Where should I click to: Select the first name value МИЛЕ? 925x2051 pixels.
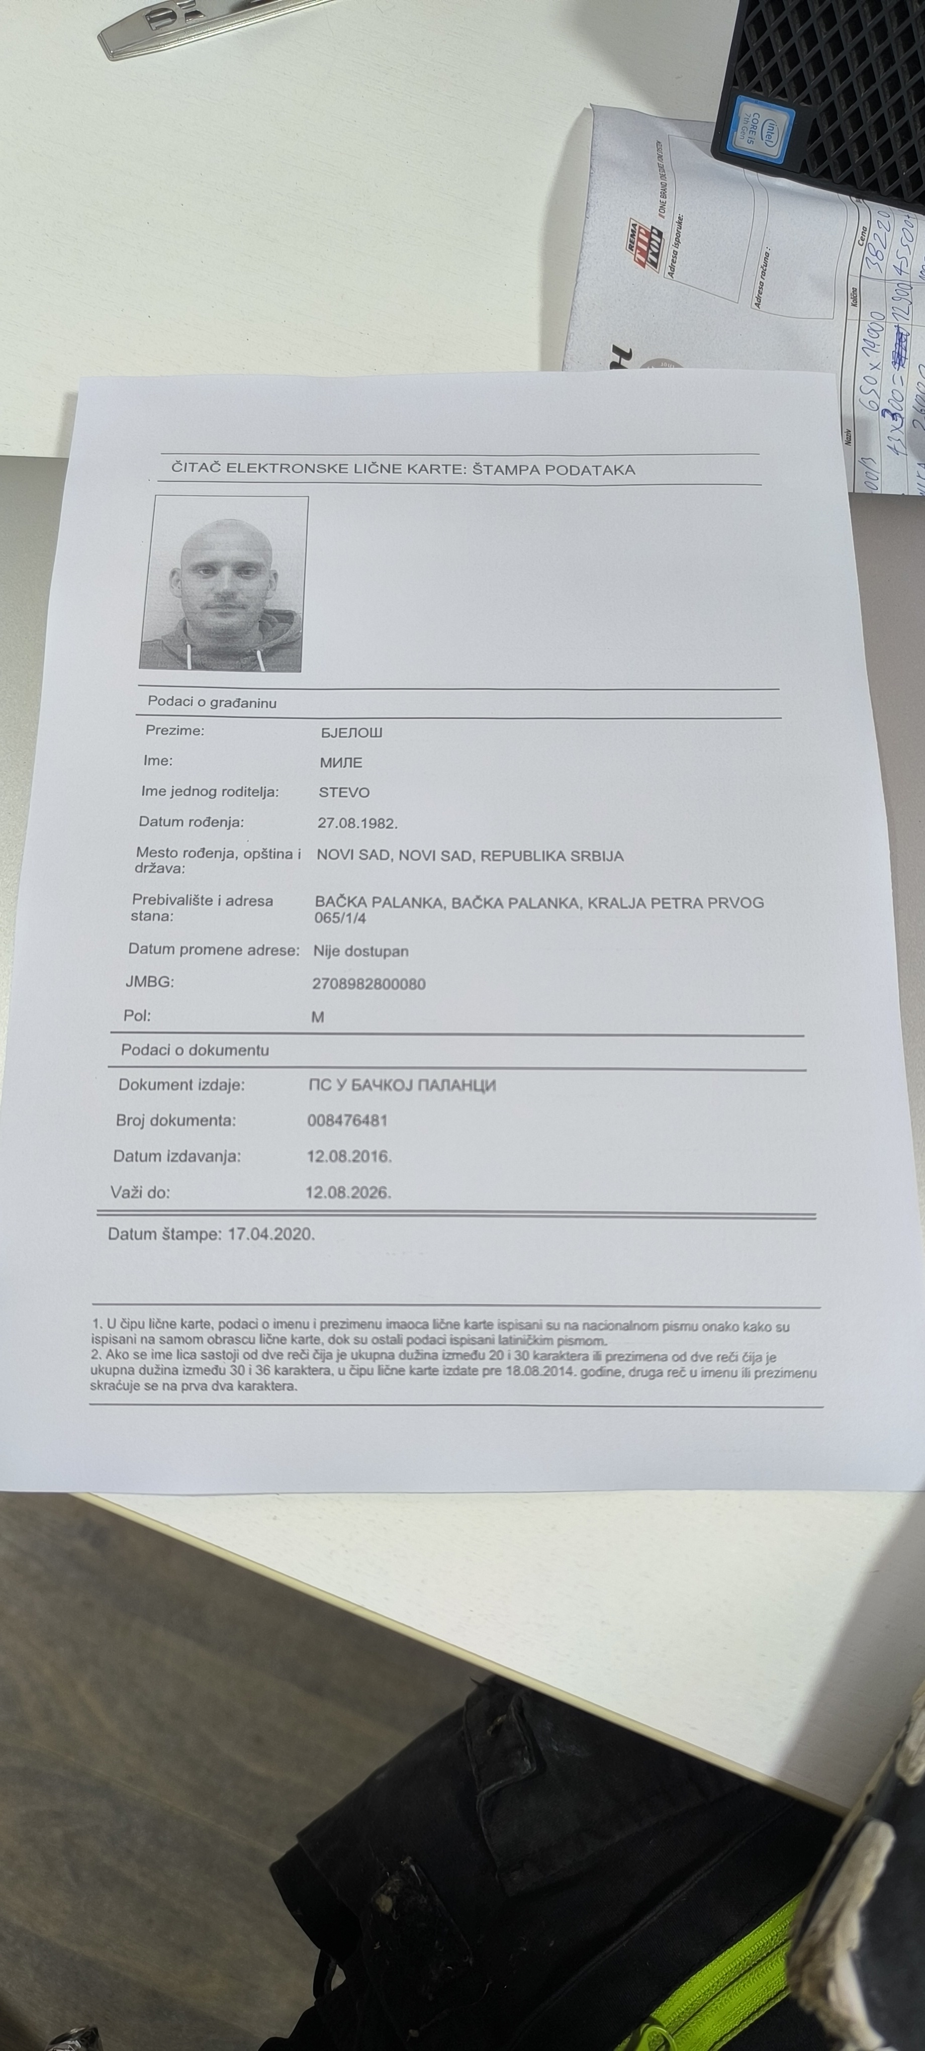pyautogui.click(x=341, y=763)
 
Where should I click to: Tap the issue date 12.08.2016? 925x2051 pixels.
pyautogui.click(x=349, y=1156)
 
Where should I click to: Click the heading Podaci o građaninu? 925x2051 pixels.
pyautogui.click(x=212, y=703)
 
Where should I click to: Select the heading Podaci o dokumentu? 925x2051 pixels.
pyautogui.click(x=195, y=1050)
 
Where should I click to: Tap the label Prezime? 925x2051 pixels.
pyautogui.click(x=174, y=730)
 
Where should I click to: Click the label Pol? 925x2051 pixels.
pyautogui.click(x=137, y=1016)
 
